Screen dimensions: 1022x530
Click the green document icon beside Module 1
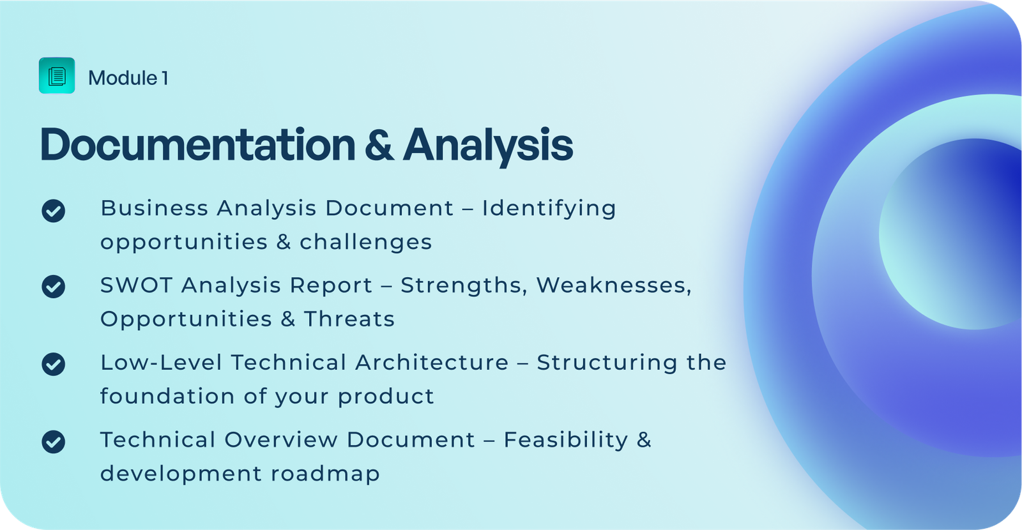(57, 76)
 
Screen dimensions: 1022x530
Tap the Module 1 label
(128, 78)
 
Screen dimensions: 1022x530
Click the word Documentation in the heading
(197, 144)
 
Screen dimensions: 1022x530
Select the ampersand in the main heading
(379, 145)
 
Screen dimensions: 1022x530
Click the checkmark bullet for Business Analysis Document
(54, 211)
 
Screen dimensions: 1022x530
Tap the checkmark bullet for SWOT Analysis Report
(54, 287)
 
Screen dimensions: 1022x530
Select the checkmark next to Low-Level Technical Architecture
(54, 364)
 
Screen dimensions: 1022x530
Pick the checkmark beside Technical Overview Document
(54, 441)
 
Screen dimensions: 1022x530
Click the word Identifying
(549, 209)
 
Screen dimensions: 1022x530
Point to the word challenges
(365, 241)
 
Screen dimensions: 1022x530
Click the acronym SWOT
(137, 285)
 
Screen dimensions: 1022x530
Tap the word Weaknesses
(614, 286)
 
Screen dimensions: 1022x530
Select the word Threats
(349, 319)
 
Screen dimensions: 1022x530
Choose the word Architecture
(432, 363)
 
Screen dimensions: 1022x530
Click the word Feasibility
(566, 441)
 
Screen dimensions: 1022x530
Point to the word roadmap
(325, 473)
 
